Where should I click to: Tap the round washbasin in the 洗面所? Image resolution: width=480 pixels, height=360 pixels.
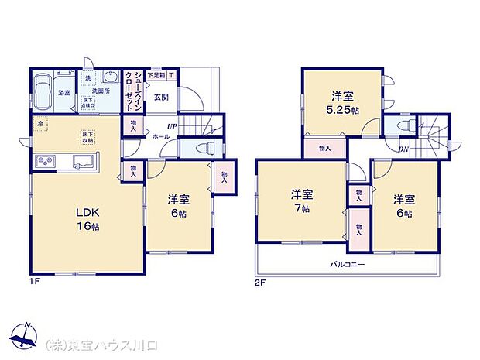[x=109, y=78]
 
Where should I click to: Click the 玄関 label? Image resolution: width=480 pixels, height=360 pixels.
[x=161, y=97]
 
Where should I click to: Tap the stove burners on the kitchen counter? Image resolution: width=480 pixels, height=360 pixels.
[x=43, y=161]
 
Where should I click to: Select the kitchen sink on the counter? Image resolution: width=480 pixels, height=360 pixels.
[x=82, y=161]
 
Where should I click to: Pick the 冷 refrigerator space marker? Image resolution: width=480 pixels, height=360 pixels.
[x=39, y=123]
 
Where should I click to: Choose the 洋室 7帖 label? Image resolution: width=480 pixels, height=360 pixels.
[x=303, y=199]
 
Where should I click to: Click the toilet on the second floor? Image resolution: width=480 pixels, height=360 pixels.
[x=403, y=125]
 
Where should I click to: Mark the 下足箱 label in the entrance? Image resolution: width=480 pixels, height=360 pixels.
[x=156, y=74]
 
